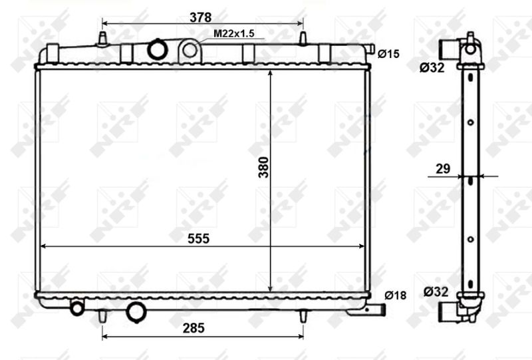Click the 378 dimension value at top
[x=201, y=17]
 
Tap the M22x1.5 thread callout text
[x=234, y=34]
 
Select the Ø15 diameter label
[x=388, y=54]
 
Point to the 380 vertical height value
[x=263, y=167]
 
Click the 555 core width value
[x=199, y=238]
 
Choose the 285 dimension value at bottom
[x=194, y=328]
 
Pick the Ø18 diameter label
[x=395, y=295]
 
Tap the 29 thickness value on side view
[x=443, y=168]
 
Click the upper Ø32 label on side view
[x=432, y=68]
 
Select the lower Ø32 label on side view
[x=436, y=291]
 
